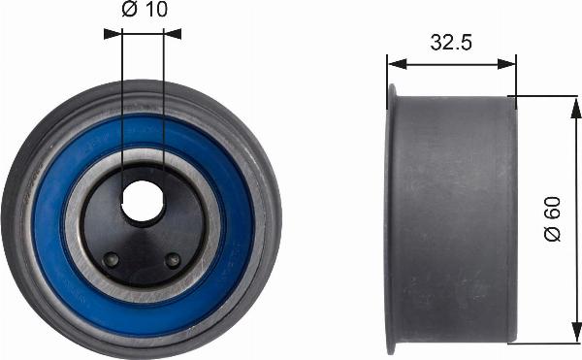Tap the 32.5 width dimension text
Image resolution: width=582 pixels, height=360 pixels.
pos(450,44)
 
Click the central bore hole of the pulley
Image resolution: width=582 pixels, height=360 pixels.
pos(143,201)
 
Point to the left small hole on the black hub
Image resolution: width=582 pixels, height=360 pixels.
pos(112,259)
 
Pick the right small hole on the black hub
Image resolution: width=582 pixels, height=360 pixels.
pos(173,260)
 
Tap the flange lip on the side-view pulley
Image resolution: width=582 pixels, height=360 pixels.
pos(391,218)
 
